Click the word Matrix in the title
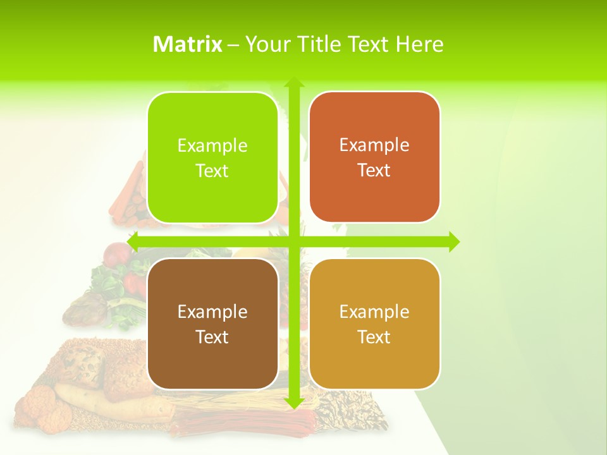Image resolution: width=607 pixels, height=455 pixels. coord(187,44)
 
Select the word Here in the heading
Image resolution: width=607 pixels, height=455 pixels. coord(419,44)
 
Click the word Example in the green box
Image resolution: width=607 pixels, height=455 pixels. coord(212,146)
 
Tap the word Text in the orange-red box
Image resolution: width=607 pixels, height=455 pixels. coord(374,171)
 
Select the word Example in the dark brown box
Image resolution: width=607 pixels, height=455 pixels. coord(212,312)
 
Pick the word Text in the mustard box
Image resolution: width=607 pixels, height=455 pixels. coord(374,337)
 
